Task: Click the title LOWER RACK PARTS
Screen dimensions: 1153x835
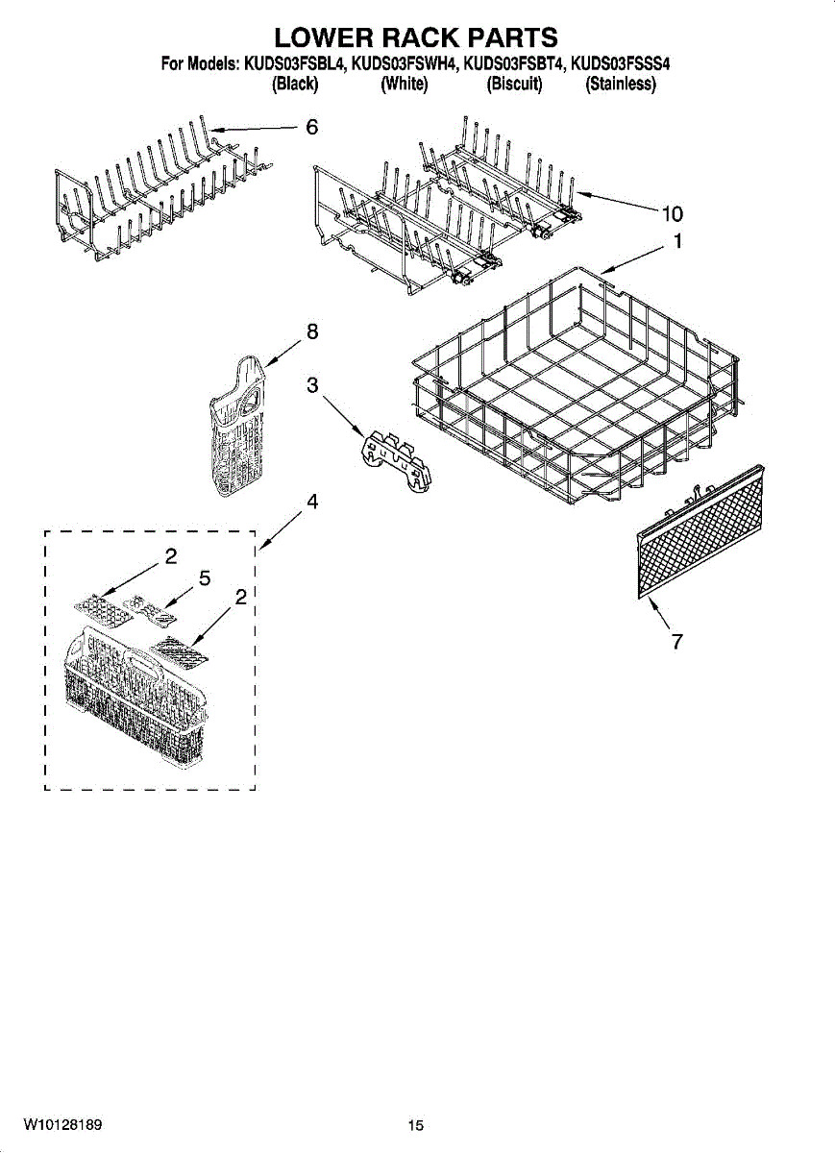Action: tap(416, 37)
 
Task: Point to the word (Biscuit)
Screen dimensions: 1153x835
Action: tap(514, 85)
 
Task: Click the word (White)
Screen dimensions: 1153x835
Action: tap(404, 85)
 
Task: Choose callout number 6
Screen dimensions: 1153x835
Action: tap(311, 127)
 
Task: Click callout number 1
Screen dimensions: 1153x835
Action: tap(677, 242)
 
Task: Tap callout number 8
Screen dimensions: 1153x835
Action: tap(311, 331)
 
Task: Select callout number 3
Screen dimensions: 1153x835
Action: tap(312, 385)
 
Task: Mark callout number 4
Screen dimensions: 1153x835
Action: tap(312, 502)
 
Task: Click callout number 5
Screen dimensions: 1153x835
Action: tap(204, 577)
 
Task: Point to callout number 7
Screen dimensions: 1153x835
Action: tap(676, 642)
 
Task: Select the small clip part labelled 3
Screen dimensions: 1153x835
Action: tap(394, 460)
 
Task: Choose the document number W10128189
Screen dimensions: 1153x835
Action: tap(63, 1123)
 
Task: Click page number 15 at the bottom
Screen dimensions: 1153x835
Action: tap(415, 1126)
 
